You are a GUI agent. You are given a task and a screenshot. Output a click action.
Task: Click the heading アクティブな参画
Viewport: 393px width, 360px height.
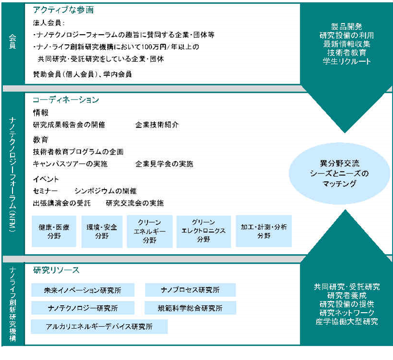(63, 10)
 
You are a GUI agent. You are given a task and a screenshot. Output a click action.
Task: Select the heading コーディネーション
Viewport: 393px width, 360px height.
(66, 100)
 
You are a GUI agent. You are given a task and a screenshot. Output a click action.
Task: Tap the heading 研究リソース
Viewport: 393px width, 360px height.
(56, 270)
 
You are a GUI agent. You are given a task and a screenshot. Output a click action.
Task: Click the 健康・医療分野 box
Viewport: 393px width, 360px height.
(54, 231)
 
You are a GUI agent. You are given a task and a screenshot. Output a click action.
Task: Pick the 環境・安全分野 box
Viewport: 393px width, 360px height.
(102, 231)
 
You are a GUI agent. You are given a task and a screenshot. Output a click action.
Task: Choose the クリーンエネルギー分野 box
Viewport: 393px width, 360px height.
(150, 231)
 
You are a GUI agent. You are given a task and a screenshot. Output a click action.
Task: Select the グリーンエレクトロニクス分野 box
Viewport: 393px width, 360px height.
(204, 231)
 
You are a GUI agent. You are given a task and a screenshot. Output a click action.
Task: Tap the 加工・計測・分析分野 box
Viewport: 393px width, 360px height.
(264, 231)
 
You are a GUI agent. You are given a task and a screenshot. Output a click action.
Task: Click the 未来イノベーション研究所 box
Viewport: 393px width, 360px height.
(83, 290)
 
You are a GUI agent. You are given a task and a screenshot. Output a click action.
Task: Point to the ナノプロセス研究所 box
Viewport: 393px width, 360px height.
(190, 290)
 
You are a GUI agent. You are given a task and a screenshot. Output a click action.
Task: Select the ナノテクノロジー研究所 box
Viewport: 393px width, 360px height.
(83, 308)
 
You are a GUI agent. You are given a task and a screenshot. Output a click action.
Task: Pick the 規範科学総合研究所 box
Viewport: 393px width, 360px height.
(190, 308)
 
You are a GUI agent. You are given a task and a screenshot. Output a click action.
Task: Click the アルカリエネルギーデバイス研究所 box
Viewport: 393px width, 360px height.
(99, 326)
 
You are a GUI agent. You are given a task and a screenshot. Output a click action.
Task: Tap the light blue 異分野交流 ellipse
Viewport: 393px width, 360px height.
(339, 173)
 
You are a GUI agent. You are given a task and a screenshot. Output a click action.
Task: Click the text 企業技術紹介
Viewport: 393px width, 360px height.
(157, 125)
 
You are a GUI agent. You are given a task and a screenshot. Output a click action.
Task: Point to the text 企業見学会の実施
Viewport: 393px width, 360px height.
(164, 164)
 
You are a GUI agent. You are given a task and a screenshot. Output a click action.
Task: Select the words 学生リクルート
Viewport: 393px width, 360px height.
(347, 61)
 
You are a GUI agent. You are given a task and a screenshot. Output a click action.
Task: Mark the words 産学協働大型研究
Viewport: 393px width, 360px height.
(347, 321)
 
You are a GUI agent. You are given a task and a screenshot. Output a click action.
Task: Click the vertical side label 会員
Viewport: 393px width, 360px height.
(13, 42)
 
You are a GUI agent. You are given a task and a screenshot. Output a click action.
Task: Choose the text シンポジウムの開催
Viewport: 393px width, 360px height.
(106, 191)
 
